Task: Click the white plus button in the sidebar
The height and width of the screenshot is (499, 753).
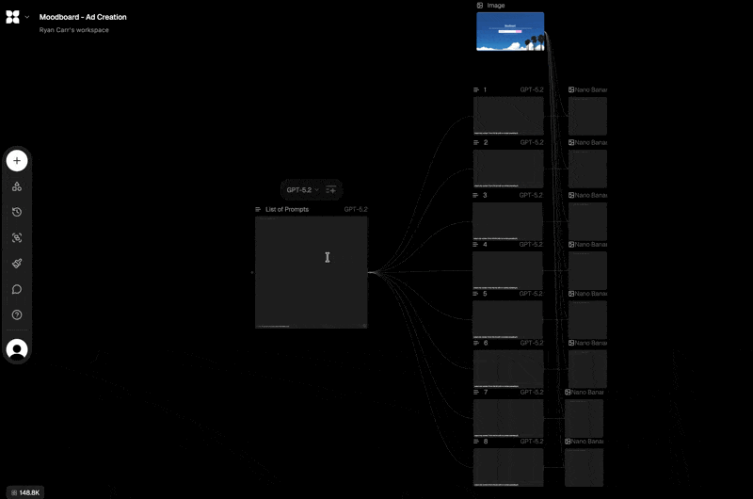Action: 17,161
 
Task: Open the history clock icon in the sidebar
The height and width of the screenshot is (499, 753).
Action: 17,212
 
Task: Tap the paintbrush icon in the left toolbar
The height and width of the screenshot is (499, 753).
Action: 17,264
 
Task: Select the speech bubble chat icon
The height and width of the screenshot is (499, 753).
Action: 17,289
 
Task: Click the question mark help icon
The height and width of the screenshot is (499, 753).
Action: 17,314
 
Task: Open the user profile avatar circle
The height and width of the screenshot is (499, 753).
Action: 17,349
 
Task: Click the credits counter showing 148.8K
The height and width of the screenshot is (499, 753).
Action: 24,491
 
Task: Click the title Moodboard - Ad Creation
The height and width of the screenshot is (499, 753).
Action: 83,17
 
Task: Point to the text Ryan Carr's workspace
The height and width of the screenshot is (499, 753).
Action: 74,30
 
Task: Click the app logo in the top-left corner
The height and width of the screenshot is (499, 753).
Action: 12,17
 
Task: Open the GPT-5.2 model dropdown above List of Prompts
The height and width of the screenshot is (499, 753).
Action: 302,190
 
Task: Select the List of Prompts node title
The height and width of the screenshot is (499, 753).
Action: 286,209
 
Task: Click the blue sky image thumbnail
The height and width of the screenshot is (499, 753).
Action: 510,31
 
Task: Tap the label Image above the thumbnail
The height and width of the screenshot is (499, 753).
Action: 495,6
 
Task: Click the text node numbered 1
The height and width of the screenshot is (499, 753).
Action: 508,116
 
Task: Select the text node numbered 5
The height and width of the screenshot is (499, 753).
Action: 508,319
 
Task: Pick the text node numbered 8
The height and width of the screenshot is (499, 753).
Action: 508,467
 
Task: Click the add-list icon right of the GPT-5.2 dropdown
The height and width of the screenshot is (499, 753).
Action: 330,190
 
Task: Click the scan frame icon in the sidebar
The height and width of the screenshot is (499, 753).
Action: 17,238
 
